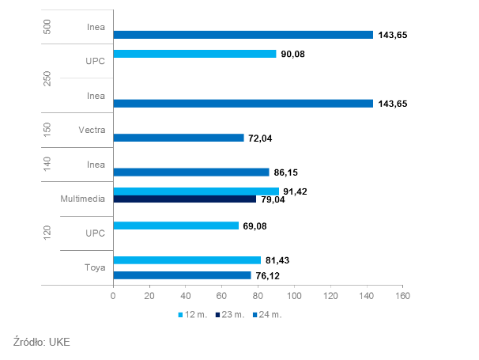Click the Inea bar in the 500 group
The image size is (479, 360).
coord(243,35)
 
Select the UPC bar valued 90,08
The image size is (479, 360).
coord(194,54)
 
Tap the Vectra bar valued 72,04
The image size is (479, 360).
coord(178,138)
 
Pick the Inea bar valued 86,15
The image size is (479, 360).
coord(190,172)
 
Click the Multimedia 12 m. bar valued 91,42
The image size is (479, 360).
coord(195,191)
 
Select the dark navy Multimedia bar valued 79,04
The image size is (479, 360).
coord(184,199)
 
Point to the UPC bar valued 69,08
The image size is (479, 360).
coord(175,225)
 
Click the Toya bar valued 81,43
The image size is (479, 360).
coord(187,260)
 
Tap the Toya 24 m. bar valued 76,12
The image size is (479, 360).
coord(182,275)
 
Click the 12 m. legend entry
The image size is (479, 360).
coord(193,315)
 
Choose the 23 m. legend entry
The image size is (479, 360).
coord(230,315)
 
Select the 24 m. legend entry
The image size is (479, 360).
coord(267,315)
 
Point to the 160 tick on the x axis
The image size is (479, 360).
coord(403,296)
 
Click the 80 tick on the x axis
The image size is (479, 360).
coord(258,296)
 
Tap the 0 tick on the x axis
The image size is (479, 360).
coord(113,296)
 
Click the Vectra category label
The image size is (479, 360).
coord(93,131)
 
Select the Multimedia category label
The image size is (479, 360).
coord(83,199)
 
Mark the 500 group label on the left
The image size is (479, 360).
coord(46,25)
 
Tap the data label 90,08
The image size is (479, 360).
coord(293,54)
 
